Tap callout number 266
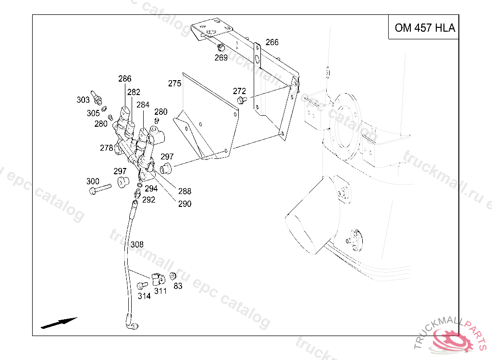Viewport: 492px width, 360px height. point(272,42)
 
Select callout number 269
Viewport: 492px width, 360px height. point(221,58)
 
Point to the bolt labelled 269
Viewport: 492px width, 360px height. point(221,48)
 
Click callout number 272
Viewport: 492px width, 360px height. point(239,91)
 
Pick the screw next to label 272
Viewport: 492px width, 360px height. point(242,100)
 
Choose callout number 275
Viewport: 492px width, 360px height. point(174,84)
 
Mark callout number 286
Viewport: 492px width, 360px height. point(125,79)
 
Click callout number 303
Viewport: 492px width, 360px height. point(83,100)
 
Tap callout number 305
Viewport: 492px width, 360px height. point(93,113)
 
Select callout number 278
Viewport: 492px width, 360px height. point(107,148)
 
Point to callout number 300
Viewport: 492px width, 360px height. point(93,181)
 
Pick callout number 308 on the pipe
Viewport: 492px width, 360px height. point(137,245)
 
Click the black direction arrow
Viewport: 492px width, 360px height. point(59,323)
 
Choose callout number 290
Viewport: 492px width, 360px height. point(184,204)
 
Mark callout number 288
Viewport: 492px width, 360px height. point(184,191)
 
